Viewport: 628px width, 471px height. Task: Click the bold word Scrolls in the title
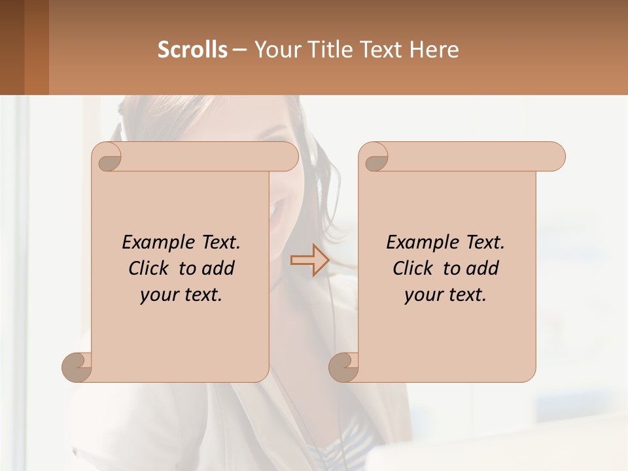tap(192, 50)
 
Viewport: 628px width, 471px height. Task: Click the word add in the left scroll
tap(218, 268)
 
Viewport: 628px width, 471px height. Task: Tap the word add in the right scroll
tap(483, 268)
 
